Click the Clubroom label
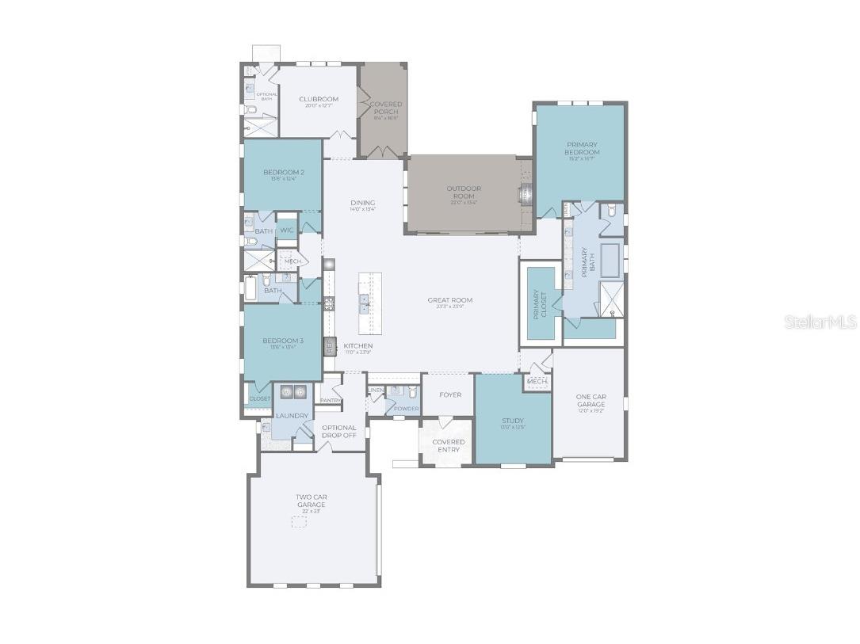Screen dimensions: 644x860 (x=319, y=100)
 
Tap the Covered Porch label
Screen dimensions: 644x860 (x=386, y=109)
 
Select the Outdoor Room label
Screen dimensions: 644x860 (x=464, y=192)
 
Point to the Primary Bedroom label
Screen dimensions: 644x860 (x=582, y=148)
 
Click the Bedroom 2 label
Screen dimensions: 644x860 (x=284, y=173)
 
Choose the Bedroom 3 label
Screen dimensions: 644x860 (x=284, y=341)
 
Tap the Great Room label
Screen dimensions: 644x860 (x=449, y=301)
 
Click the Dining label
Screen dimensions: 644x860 (x=362, y=204)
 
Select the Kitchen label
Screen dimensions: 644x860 (x=357, y=346)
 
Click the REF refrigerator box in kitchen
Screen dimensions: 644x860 (x=330, y=346)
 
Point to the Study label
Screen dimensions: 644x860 (x=513, y=421)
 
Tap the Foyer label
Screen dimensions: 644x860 (x=449, y=395)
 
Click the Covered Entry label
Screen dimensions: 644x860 (x=448, y=446)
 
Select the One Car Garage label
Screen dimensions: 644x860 (x=591, y=401)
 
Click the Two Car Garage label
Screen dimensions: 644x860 (x=312, y=501)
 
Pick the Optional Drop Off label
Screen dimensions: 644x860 (x=338, y=432)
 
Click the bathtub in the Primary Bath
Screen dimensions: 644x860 (x=610, y=261)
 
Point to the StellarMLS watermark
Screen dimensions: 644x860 (x=820, y=322)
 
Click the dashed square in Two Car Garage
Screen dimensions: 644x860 (x=299, y=522)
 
